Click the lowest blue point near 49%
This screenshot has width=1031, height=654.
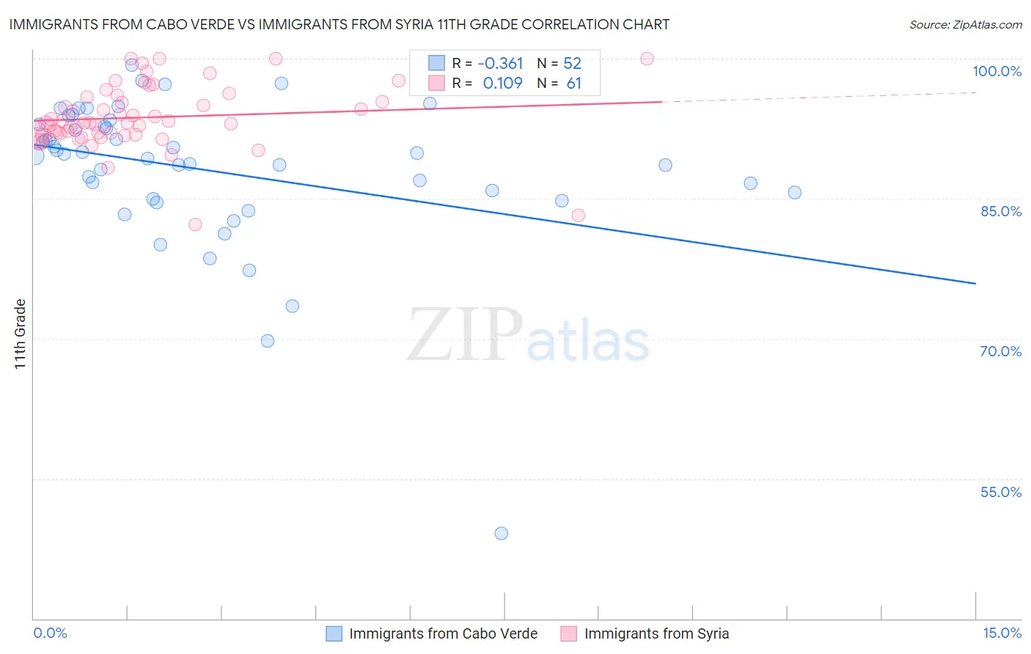[x=501, y=533]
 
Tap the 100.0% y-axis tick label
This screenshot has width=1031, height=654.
[x=997, y=71]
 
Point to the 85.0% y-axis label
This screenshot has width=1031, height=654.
[x=1001, y=211]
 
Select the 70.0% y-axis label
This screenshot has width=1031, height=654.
[x=1001, y=351]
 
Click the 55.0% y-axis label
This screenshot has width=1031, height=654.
[x=1001, y=492]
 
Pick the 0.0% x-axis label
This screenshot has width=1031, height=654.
[x=50, y=633]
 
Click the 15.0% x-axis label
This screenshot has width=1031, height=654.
[x=1002, y=633]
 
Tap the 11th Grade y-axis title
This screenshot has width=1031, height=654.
[x=20, y=334]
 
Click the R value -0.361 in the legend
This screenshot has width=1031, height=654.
[x=500, y=64]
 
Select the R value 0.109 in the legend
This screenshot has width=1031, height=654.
[x=502, y=84]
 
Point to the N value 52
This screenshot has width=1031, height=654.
[x=572, y=64]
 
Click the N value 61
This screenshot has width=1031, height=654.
[x=573, y=84]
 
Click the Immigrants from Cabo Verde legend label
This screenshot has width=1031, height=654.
[x=443, y=634]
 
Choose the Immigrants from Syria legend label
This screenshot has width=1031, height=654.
[x=656, y=634]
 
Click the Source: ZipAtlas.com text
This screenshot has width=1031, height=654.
[x=965, y=25]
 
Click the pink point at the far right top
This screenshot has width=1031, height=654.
[x=647, y=59]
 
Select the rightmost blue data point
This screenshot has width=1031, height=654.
[x=794, y=193]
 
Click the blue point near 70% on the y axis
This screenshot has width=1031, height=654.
[x=268, y=341]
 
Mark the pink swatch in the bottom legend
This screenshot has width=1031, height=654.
[x=568, y=634]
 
